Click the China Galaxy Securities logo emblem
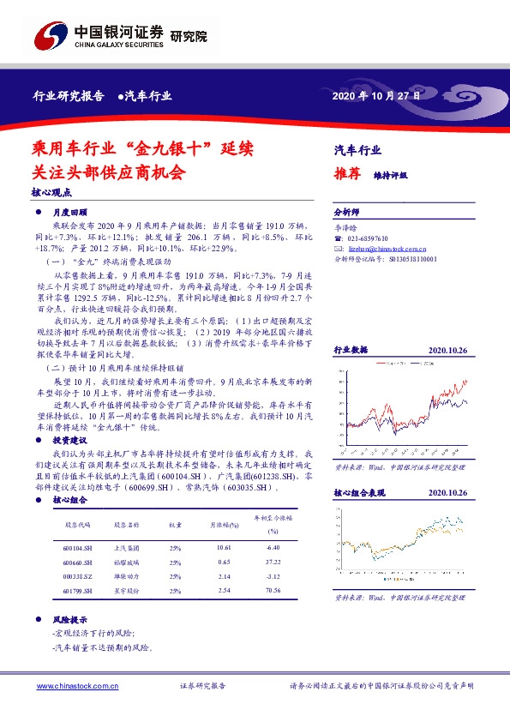point(49,36)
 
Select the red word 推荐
point(347,173)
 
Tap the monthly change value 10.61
point(225,545)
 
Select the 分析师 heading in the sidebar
point(346,210)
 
